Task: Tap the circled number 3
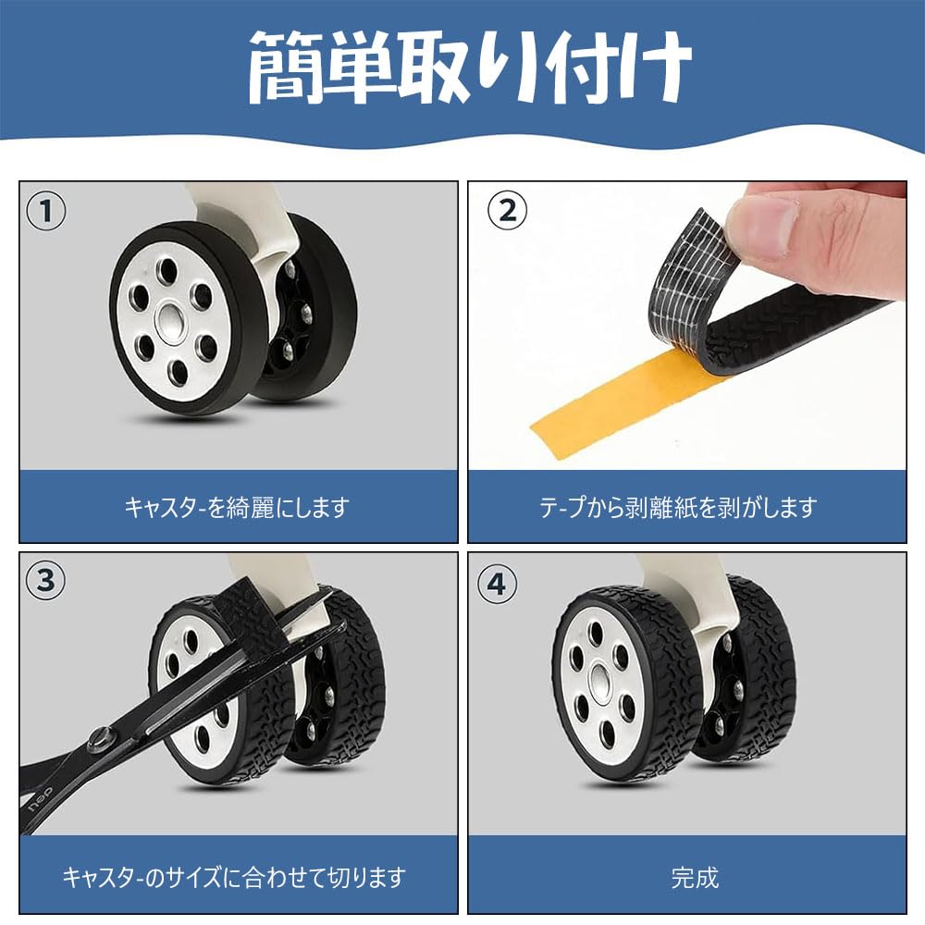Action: tap(46, 581)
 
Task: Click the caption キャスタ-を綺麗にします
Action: tap(238, 507)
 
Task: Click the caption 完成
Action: tap(695, 875)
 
